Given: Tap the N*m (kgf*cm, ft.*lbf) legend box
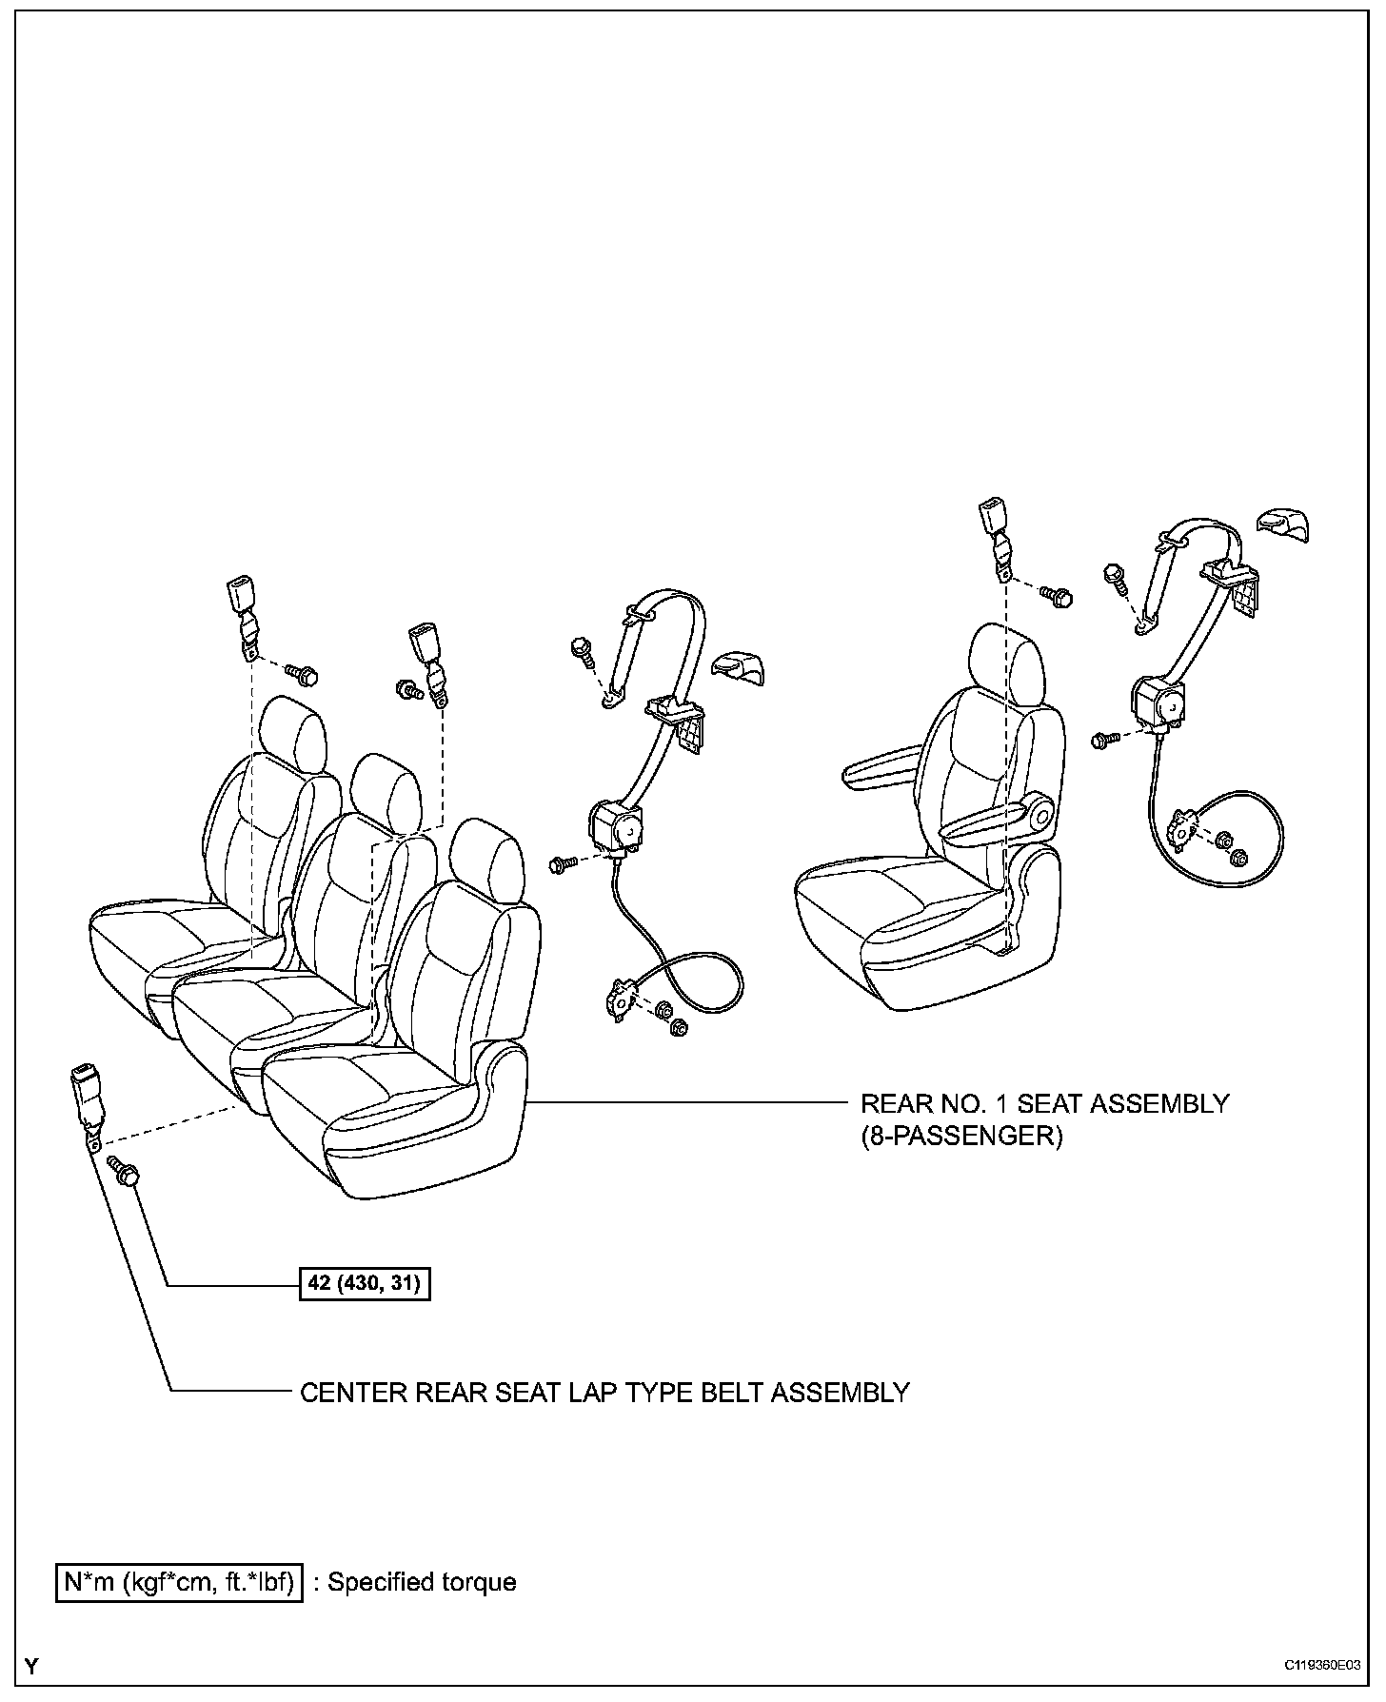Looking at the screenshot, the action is click(x=179, y=1582).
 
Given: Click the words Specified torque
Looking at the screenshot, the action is click(x=422, y=1582).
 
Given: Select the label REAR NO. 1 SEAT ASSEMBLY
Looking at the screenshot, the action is click(x=1044, y=1104).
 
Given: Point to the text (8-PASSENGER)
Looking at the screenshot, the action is click(x=960, y=1137).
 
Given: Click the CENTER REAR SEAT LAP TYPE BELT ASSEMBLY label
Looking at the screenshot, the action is click(x=604, y=1393).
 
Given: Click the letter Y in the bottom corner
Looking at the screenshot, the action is click(x=32, y=1667).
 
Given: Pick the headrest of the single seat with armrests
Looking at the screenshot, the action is click(x=1002, y=656).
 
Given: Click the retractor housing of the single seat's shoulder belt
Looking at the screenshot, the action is click(x=1158, y=705).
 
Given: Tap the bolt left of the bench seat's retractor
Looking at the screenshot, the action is click(x=563, y=863).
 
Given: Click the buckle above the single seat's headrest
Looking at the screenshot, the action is click(x=995, y=528).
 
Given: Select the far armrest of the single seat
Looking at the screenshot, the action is click(x=881, y=767).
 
